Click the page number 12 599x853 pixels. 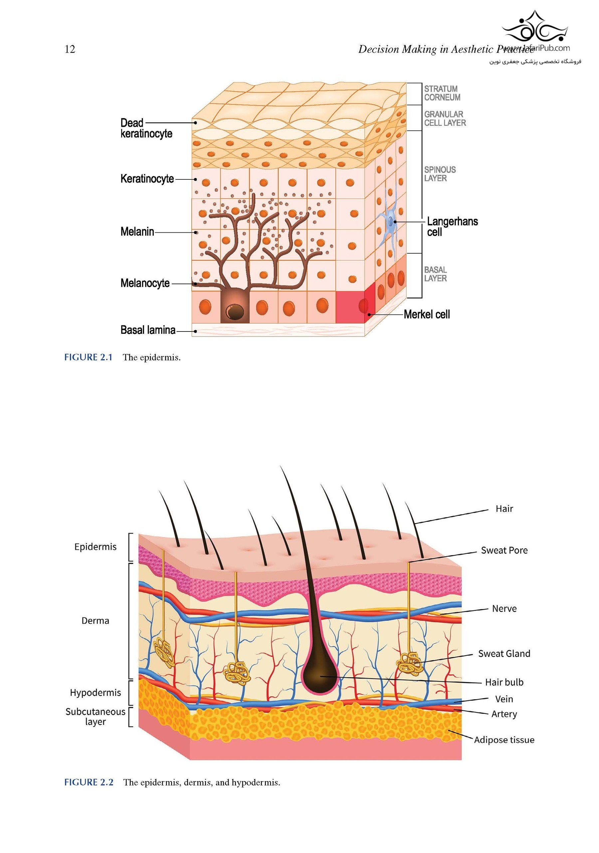(x=70, y=49)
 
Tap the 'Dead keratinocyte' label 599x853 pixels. (x=146, y=128)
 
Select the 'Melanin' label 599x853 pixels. (x=137, y=232)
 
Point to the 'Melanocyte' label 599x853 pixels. (x=145, y=283)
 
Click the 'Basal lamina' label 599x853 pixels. (x=148, y=330)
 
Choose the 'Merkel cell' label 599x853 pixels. (x=427, y=315)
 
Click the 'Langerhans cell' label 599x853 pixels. (x=452, y=227)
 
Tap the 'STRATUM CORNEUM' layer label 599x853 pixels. (x=442, y=93)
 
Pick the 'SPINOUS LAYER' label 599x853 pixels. (x=440, y=174)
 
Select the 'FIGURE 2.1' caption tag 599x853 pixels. (x=89, y=357)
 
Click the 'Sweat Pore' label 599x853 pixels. (x=504, y=550)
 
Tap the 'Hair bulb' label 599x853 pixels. (x=504, y=683)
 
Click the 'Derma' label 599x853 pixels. (x=95, y=621)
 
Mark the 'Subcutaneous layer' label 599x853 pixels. (x=96, y=717)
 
